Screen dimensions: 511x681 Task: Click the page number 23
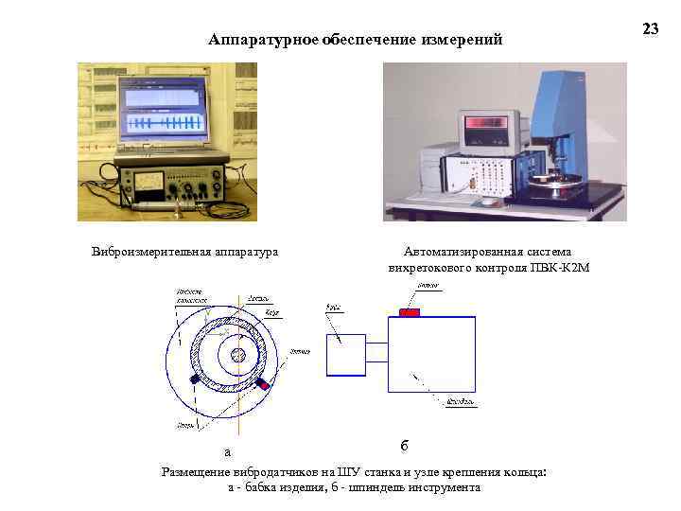pos(651,29)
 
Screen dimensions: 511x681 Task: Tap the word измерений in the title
pos(463,40)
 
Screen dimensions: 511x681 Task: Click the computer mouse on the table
pos(487,201)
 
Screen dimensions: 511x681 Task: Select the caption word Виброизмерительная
pos(137,252)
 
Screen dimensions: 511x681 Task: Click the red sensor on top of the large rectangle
pos(410,312)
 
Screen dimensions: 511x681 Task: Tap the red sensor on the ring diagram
pos(263,385)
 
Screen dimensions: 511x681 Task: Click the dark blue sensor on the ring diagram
pos(196,379)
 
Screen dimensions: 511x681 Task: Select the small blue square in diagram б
pos(345,354)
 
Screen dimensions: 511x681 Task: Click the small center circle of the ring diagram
pos(238,354)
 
